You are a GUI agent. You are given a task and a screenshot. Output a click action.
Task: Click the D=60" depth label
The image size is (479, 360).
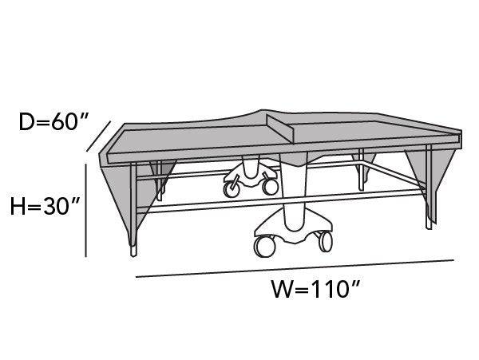[52, 124]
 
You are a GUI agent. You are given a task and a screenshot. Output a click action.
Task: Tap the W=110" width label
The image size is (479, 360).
[315, 289]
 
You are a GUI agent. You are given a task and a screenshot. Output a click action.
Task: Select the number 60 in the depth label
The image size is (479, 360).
[66, 124]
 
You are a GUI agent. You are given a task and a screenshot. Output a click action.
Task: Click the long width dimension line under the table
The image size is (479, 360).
[295, 268]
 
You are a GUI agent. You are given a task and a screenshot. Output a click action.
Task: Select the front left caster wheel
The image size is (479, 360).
[263, 246]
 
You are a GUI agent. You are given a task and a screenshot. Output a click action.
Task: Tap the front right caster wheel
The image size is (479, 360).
[324, 239]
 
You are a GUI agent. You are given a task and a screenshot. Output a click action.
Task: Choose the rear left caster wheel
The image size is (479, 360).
[233, 189]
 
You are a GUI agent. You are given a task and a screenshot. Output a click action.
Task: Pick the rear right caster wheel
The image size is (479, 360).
[271, 187]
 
